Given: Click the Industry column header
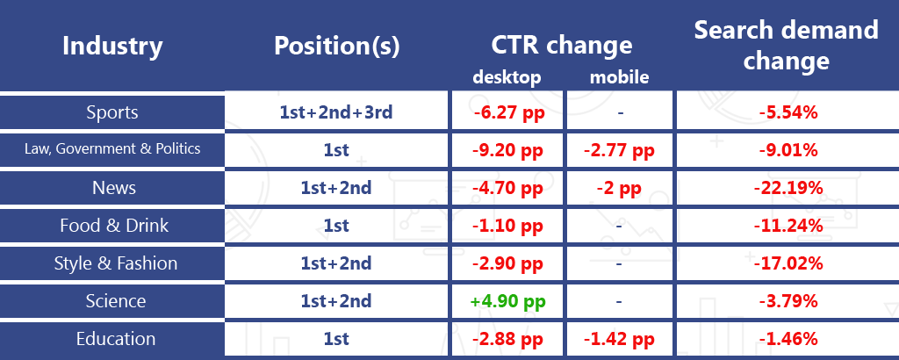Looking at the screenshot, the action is click(112, 46).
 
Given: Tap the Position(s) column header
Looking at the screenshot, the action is click(336, 46).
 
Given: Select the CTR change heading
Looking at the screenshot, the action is click(561, 46).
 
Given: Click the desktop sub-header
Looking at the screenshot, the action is click(507, 76).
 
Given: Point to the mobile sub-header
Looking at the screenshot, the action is click(619, 76).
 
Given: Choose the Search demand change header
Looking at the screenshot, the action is click(786, 45).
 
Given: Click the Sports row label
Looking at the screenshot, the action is click(112, 112).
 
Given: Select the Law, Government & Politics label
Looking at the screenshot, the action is click(112, 149).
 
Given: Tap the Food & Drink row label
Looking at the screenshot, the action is click(114, 226).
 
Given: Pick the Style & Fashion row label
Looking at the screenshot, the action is click(116, 263).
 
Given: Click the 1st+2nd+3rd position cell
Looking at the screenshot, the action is click(336, 112).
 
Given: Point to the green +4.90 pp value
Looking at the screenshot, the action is click(507, 301).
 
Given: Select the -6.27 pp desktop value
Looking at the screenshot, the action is click(508, 112).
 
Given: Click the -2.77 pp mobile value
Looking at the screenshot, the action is click(619, 150).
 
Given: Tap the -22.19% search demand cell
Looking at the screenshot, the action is click(788, 187).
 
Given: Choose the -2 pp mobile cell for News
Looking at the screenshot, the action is click(619, 188).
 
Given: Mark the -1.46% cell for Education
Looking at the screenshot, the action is click(788, 339).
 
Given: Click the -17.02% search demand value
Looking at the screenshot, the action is click(788, 263).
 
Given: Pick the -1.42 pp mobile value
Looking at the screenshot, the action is click(619, 339).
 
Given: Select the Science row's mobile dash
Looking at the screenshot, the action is click(619, 301).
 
